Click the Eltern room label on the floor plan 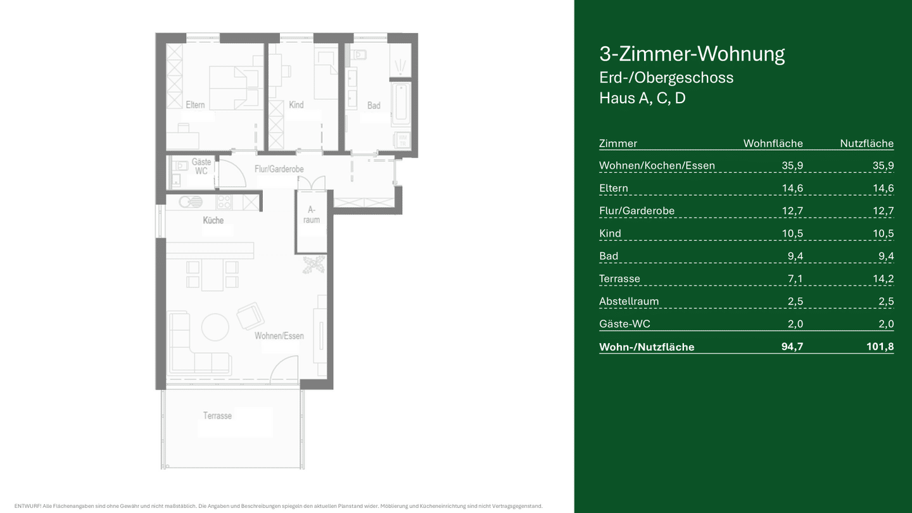(x=195, y=104)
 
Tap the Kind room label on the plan (x=296, y=104)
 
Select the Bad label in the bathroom (x=374, y=105)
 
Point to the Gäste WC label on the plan (x=201, y=167)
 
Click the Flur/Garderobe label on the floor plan (x=279, y=169)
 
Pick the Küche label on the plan (x=213, y=220)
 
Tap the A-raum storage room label (x=312, y=215)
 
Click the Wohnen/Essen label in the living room (x=279, y=336)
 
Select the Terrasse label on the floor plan (x=217, y=415)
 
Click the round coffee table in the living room (x=215, y=327)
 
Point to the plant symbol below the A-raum (x=314, y=264)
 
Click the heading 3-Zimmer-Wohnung (x=692, y=54)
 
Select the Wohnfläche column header (x=773, y=143)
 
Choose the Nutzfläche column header (x=867, y=143)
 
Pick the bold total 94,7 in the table (x=792, y=346)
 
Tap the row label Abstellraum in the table (x=629, y=301)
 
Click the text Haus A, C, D (x=642, y=98)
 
